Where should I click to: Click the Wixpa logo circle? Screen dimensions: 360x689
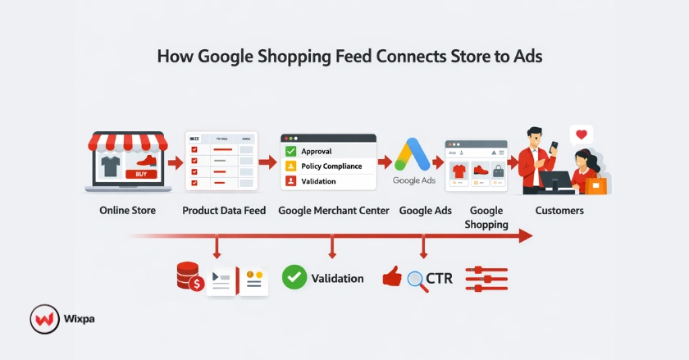43,319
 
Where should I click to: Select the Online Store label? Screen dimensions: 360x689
127,211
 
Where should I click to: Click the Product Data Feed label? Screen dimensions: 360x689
224,211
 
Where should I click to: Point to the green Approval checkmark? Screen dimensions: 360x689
290,152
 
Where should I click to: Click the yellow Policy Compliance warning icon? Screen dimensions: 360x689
290,166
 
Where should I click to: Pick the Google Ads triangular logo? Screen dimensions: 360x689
413,154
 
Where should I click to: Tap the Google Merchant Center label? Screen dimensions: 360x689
334,211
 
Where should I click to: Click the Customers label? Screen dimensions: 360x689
559,211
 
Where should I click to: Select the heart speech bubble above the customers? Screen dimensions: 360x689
581,134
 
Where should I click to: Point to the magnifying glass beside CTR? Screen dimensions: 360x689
417,280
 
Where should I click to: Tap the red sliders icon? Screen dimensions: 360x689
486,279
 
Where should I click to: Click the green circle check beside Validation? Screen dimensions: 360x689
294,278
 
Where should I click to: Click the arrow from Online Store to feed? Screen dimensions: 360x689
175,163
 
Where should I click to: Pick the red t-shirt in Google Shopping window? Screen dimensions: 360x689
459,171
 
